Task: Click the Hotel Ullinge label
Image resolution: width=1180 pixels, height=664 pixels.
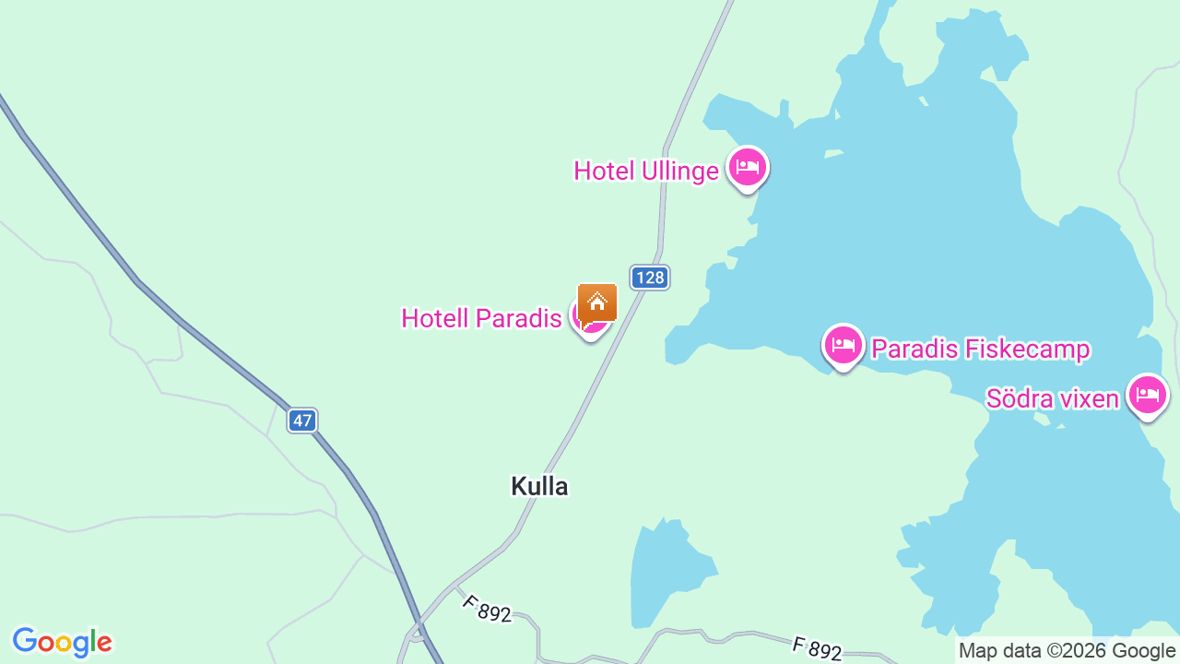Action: (x=645, y=172)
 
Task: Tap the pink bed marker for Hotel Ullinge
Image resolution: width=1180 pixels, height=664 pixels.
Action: (x=747, y=168)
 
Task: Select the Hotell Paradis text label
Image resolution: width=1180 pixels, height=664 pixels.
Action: (x=481, y=319)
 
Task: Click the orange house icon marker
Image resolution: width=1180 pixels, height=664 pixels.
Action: (x=597, y=302)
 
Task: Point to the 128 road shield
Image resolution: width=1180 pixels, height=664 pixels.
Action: (x=650, y=278)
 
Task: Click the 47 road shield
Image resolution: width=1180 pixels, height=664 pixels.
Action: (x=302, y=421)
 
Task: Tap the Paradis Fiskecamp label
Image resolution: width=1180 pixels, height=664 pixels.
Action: (x=981, y=350)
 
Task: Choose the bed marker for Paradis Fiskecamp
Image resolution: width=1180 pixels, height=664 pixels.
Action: (x=843, y=346)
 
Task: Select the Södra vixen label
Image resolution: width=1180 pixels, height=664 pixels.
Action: (x=1052, y=398)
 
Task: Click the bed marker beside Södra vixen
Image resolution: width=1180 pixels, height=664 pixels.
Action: (x=1147, y=395)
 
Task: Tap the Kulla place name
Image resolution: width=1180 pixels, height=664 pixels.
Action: (x=539, y=486)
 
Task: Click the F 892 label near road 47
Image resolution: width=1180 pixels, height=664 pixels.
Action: (x=487, y=609)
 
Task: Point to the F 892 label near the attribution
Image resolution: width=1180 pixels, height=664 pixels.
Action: (x=817, y=648)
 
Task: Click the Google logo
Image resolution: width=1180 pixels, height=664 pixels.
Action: (x=62, y=642)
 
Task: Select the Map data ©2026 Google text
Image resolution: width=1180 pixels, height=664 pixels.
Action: (x=1067, y=651)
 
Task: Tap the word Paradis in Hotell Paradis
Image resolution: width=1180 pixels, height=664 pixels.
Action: (x=519, y=319)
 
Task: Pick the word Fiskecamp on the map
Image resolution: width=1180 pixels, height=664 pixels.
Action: (x=1029, y=350)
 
